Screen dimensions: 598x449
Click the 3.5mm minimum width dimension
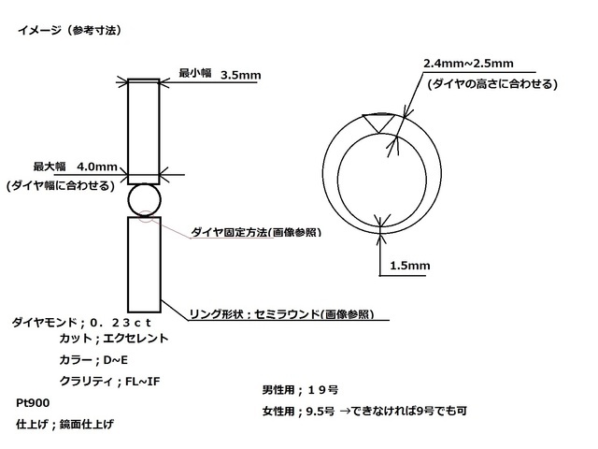click(241, 75)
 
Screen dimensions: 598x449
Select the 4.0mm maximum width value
click(97, 167)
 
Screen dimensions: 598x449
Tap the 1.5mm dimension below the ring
click(410, 266)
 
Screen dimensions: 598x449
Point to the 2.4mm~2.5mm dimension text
click(468, 63)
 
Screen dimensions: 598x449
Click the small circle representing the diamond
click(145, 199)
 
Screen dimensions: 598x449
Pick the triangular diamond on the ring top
click(377, 123)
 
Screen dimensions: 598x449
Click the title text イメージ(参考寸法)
click(70, 30)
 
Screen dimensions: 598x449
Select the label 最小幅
click(195, 73)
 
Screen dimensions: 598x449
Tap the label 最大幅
click(50, 167)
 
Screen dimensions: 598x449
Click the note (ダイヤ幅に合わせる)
click(61, 185)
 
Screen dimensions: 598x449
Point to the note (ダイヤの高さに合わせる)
click(492, 83)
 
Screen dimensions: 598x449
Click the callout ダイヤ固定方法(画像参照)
click(256, 232)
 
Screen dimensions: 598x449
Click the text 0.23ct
click(121, 323)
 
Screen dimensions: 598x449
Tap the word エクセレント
click(135, 339)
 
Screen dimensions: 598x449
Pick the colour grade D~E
click(116, 359)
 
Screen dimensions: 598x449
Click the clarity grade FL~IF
click(143, 381)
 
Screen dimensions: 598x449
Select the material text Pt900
click(33, 403)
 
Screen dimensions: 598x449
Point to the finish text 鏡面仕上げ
click(87, 424)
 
